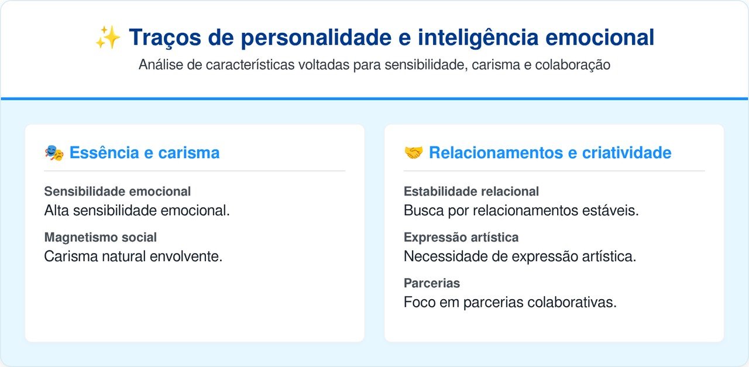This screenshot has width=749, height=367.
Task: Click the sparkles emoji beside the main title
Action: tap(108, 37)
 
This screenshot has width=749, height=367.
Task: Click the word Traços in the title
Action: tap(165, 37)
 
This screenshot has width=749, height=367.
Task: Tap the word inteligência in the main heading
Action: tap(478, 37)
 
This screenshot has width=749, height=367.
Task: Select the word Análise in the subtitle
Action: tap(160, 64)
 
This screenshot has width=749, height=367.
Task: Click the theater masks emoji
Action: tap(54, 153)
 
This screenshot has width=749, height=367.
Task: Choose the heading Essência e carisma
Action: tap(145, 153)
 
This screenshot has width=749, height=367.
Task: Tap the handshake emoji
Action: tap(413, 153)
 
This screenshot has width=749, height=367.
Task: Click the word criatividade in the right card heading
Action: tap(627, 153)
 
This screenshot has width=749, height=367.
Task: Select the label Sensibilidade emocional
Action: tap(118, 191)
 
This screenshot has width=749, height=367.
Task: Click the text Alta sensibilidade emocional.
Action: tap(137, 211)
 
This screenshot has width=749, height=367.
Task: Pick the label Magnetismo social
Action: tap(100, 237)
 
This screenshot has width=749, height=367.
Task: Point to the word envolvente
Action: tap(186, 256)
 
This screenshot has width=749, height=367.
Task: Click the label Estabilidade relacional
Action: tap(471, 191)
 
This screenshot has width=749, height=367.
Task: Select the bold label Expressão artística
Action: tap(461, 237)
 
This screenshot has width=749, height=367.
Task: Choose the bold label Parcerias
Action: tap(432, 283)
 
